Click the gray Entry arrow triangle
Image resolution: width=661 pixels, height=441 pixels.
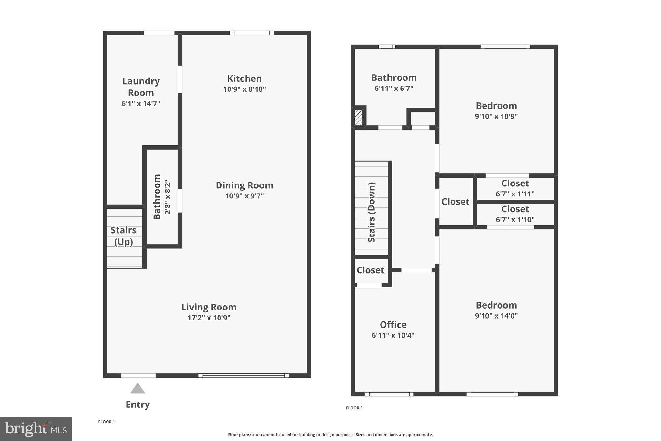(137, 389)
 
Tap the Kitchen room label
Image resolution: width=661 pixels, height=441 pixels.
(244, 79)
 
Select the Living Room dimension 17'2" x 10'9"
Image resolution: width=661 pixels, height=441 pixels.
(209, 318)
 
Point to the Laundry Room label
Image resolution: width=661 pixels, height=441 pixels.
(141, 87)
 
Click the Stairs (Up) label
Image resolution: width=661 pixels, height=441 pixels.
(124, 236)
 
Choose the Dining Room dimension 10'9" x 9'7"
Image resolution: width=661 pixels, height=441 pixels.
(244, 196)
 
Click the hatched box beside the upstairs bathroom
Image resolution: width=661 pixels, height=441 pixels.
(358, 117)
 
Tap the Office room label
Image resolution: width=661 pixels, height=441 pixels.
(393, 324)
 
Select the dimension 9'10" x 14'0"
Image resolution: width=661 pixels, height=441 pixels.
(496, 316)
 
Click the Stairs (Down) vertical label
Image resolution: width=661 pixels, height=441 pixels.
(372, 212)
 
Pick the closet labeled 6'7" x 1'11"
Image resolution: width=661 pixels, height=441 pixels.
(515, 188)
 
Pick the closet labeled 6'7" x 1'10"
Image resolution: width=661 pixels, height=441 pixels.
(515, 214)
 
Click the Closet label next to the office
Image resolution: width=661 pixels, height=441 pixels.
(370, 270)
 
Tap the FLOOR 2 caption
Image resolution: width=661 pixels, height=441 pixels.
(354, 408)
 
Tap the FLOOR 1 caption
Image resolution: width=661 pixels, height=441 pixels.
(106, 422)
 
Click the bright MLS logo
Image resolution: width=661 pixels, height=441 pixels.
(36, 429)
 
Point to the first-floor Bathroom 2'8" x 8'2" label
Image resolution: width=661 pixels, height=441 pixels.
(161, 197)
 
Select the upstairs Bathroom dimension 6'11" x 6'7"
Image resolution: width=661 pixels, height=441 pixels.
(394, 88)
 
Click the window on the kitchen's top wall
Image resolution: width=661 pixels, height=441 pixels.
(252, 33)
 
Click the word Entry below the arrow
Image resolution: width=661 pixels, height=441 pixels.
(137, 404)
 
